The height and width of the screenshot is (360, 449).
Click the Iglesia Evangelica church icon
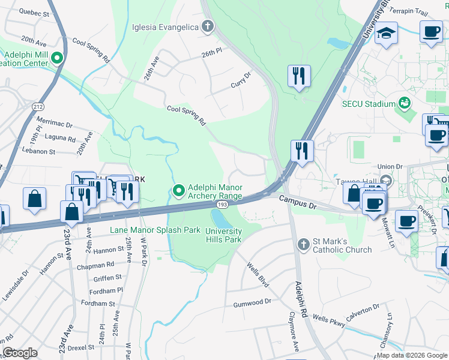click(208, 26)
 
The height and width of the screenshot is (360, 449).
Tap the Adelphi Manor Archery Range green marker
click(178, 191)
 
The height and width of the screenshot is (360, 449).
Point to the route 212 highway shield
click(38, 107)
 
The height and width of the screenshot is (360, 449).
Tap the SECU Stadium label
click(369, 104)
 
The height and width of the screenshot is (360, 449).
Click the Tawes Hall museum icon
click(386, 180)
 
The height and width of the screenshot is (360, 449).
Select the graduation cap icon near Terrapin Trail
click(387, 34)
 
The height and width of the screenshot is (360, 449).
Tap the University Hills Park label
click(223, 235)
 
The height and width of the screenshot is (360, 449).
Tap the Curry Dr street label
click(241, 80)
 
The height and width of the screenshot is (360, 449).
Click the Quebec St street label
click(34, 11)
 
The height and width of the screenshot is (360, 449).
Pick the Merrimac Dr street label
click(54, 122)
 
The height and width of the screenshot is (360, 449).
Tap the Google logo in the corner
click(20, 352)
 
